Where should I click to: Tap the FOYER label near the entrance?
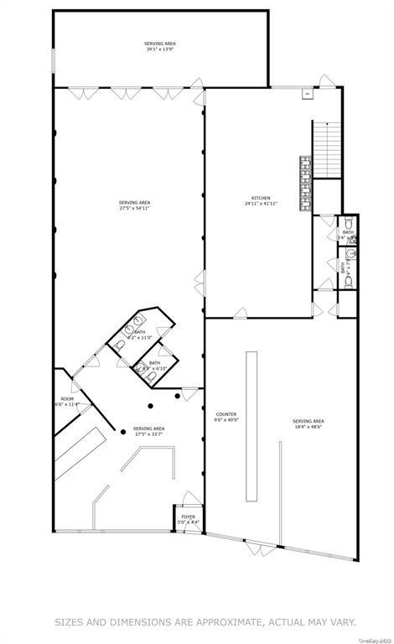point(189,517)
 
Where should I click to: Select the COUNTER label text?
point(226,414)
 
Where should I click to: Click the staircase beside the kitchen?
point(326,151)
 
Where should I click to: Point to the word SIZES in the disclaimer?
point(74,622)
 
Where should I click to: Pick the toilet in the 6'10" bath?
point(150,377)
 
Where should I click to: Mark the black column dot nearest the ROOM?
point(123,431)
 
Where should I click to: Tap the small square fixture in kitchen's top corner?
point(307,93)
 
